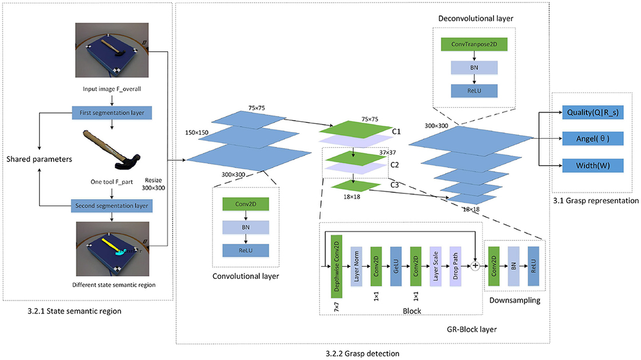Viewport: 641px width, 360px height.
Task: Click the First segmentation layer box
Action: tap(112, 113)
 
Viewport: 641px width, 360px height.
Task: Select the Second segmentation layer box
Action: tap(112, 204)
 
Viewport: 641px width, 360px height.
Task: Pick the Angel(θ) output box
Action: tap(593, 139)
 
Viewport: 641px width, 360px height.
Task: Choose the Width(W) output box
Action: tap(593, 165)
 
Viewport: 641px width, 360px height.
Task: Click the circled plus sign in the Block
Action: tap(474, 265)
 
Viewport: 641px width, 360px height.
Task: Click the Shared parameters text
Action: tap(40, 159)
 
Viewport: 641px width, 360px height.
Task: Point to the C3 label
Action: tap(396, 185)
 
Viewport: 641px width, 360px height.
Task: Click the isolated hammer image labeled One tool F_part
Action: tap(112, 148)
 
